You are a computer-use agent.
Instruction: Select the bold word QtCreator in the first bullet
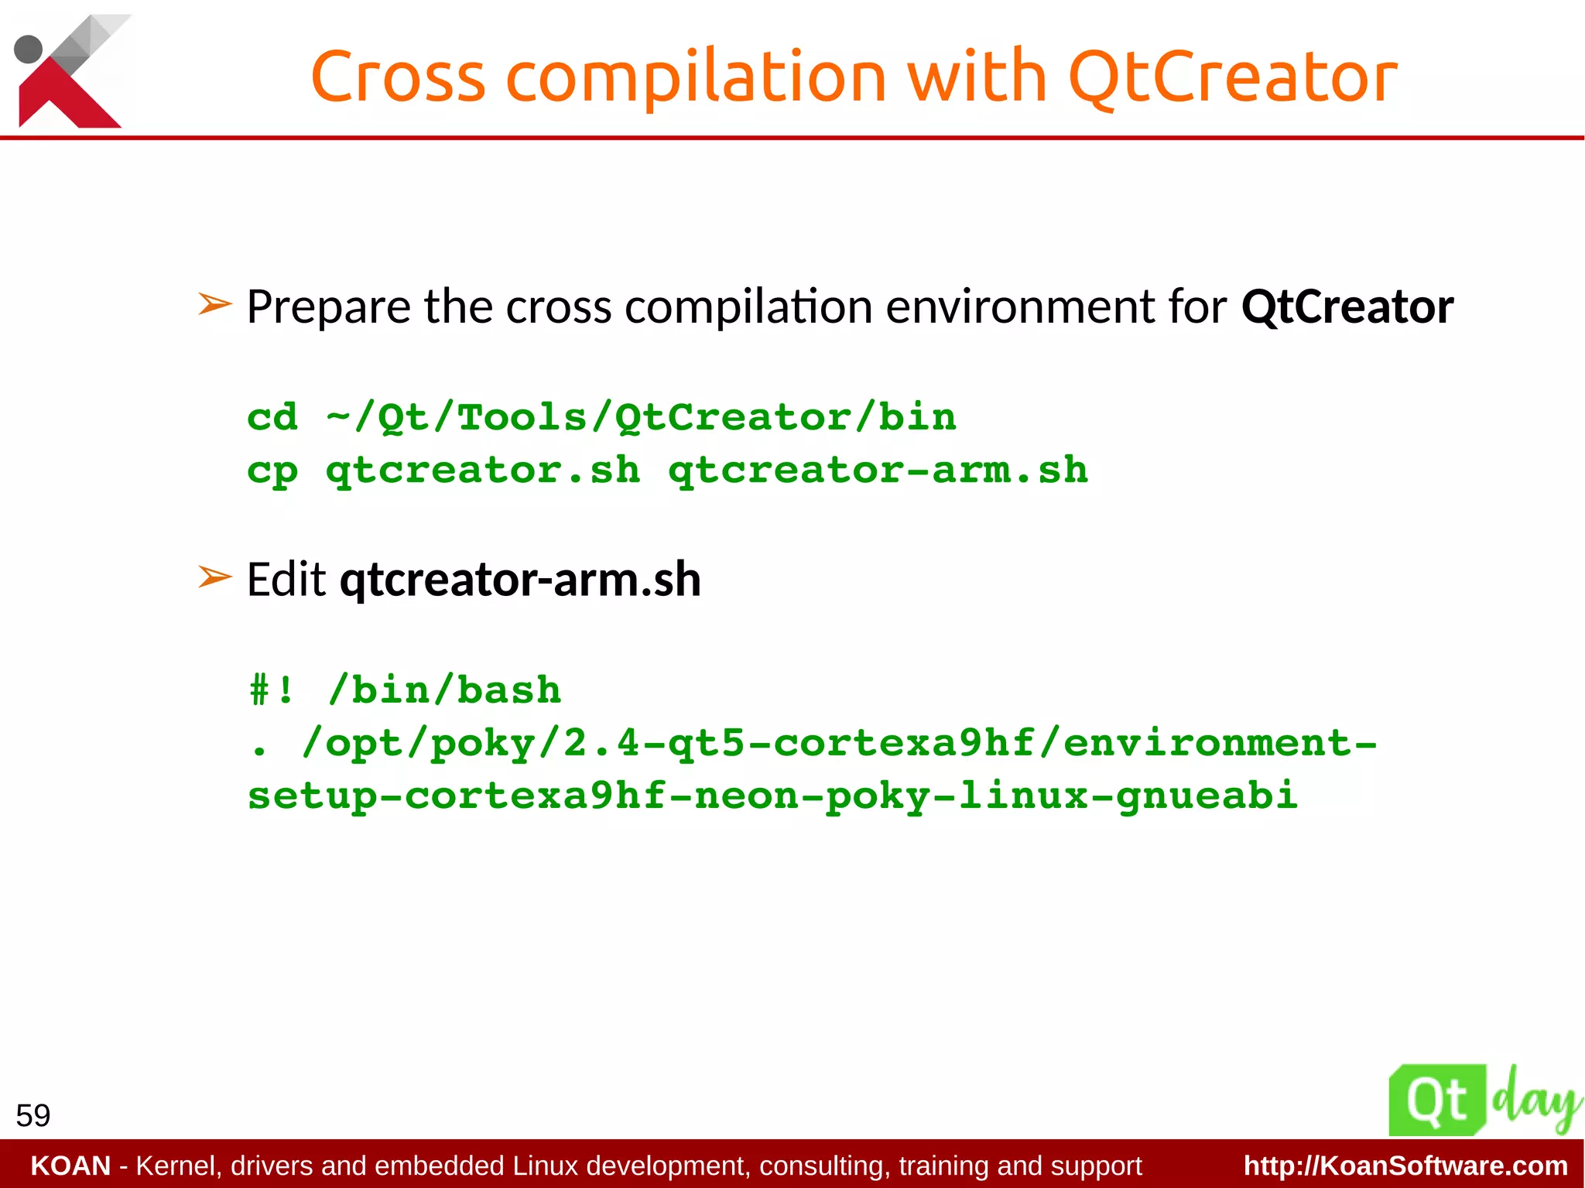point(1347,306)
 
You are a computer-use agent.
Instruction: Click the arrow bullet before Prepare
point(214,304)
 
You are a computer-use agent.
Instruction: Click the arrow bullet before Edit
point(214,577)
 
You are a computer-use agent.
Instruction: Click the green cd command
point(272,417)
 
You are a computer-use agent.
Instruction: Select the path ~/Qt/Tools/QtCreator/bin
point(641,419)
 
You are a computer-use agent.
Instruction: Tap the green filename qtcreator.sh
point(483,471)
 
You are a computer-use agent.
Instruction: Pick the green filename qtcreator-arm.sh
point(878,470)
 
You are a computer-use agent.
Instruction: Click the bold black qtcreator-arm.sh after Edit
point(520,580)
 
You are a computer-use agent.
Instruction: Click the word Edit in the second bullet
point(286,580)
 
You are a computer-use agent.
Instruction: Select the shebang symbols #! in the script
point(272,690)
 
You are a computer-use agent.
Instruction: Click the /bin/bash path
point(444,690)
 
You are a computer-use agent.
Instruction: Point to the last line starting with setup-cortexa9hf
point(772,796)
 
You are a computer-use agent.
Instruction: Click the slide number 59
point(33,1115)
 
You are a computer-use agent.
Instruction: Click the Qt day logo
point(1481,1100)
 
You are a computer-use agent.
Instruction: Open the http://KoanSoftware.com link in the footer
point(1405,1166)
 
